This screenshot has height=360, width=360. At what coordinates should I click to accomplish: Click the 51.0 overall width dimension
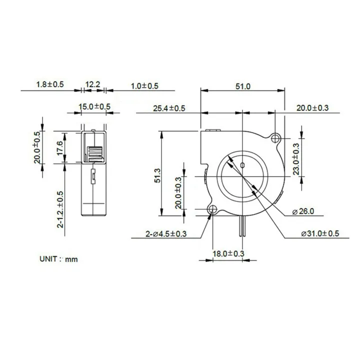242,86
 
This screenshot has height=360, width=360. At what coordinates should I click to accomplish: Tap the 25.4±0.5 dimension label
169,108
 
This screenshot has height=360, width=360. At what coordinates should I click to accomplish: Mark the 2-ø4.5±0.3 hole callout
165,234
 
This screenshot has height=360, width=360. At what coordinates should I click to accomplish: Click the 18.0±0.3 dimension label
228,254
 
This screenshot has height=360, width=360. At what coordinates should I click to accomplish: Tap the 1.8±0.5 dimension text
50,85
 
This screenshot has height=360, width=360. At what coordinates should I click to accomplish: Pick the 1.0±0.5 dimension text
144,86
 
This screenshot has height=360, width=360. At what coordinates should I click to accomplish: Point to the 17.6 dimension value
60,148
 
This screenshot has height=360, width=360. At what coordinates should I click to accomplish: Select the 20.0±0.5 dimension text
36,147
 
